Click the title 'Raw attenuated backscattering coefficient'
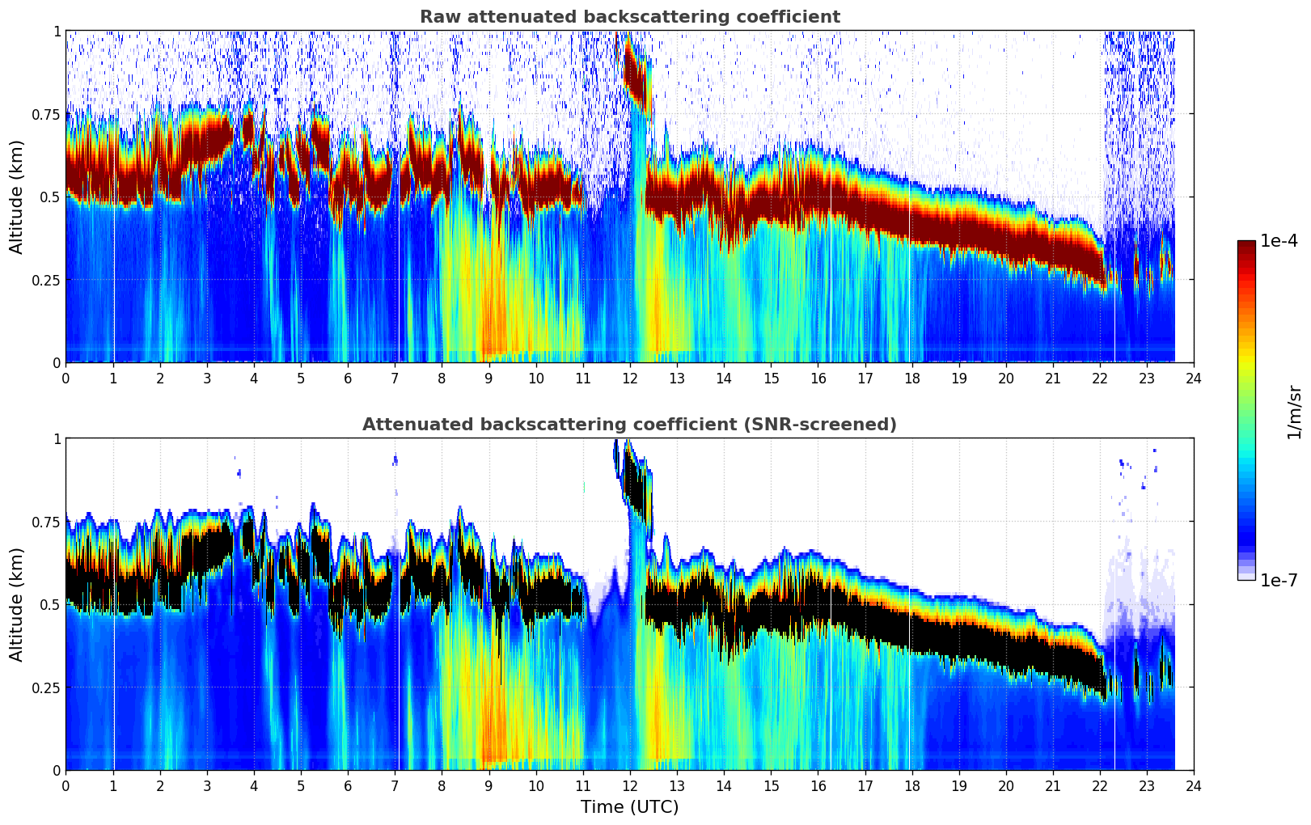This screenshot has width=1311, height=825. point(629,17)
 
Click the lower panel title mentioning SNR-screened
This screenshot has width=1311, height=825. point(629,425)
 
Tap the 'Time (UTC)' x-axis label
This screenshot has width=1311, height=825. point(629,807)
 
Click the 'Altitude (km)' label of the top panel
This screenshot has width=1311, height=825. point(17,197)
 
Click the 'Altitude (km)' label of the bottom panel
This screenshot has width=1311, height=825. point(17,604)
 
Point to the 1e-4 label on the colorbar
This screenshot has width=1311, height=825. point(1279,242)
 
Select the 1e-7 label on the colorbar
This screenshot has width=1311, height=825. point(1279,581)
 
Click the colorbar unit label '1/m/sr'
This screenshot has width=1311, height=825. point(1294,412)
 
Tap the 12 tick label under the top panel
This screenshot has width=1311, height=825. point(629,378)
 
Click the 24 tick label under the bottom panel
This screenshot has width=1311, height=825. point(1193,785)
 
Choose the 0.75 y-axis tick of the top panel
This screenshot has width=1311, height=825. point(46,114)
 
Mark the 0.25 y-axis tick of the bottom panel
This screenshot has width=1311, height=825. point(46,687)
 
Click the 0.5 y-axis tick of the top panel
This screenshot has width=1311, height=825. point(51,197)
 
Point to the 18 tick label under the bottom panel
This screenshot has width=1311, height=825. point(911,785)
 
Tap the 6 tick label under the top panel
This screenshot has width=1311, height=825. point(348,378)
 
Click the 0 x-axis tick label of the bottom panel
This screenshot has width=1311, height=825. point(66,785)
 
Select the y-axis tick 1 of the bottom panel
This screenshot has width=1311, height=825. point(57,439)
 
